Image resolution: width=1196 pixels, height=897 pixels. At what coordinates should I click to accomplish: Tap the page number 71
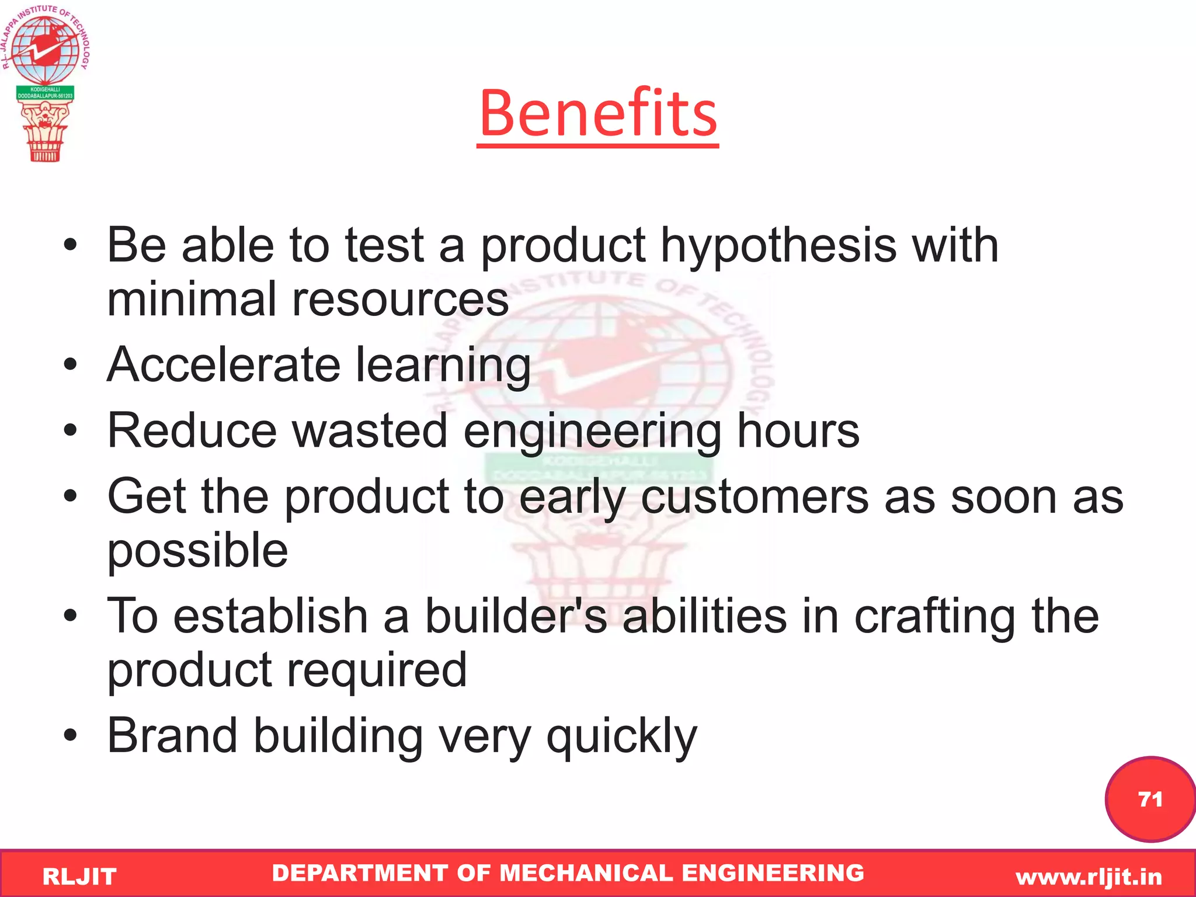[1150, 799]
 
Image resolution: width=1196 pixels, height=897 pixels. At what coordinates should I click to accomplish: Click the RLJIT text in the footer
[79, 877]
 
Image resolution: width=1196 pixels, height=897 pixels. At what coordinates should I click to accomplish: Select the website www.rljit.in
[1089, 877]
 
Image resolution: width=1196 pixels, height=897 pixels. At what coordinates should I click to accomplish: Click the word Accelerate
[224, 365]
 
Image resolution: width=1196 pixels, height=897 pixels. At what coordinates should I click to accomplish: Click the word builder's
[516, 617]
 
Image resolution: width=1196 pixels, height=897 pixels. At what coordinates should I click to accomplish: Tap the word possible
[197, 552]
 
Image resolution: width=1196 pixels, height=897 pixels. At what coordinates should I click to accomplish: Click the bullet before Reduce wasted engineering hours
[71, 431]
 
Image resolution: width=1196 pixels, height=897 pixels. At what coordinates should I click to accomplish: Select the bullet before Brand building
[71, 736]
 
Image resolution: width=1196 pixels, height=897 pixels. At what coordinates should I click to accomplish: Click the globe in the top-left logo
[45, 50]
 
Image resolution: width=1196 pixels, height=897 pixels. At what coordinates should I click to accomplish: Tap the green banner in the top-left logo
[45, 92]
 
